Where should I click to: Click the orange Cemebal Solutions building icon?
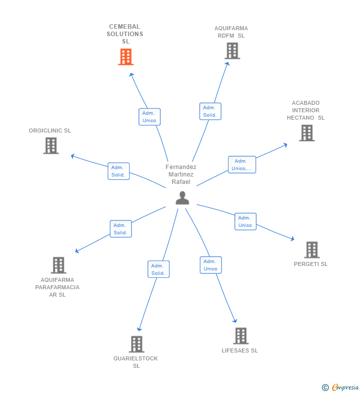[x=126, y=57]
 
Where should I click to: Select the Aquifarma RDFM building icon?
[x=232, y=51]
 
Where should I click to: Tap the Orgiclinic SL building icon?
[x=51, y=146]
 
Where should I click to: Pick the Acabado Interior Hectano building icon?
[x=307, y=133]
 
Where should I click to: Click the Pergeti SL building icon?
[x=312, y=250]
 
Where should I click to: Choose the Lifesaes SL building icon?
[x=240, y=336]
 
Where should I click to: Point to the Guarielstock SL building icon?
[x=136, y=344]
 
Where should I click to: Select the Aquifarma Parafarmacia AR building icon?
[x=58, y=265]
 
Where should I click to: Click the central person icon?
[x=182, y=198]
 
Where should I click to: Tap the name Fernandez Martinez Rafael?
[x=181, y=175]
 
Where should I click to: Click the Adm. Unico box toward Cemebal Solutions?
[x=149, y=117]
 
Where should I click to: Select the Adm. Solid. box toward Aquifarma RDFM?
[x=210, y=111]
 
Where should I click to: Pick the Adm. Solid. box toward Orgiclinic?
[x=118, y=171]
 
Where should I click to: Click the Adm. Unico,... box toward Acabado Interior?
[x=242, y=165]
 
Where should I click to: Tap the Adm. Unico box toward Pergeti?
[x=245, y=221]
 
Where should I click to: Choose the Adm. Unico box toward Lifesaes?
[x=211, y=265]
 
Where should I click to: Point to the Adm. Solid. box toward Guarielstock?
[x=158, y=269]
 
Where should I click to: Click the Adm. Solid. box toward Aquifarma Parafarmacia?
[x=121, y=229]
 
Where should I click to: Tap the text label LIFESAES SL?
[x=240, y=351]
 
